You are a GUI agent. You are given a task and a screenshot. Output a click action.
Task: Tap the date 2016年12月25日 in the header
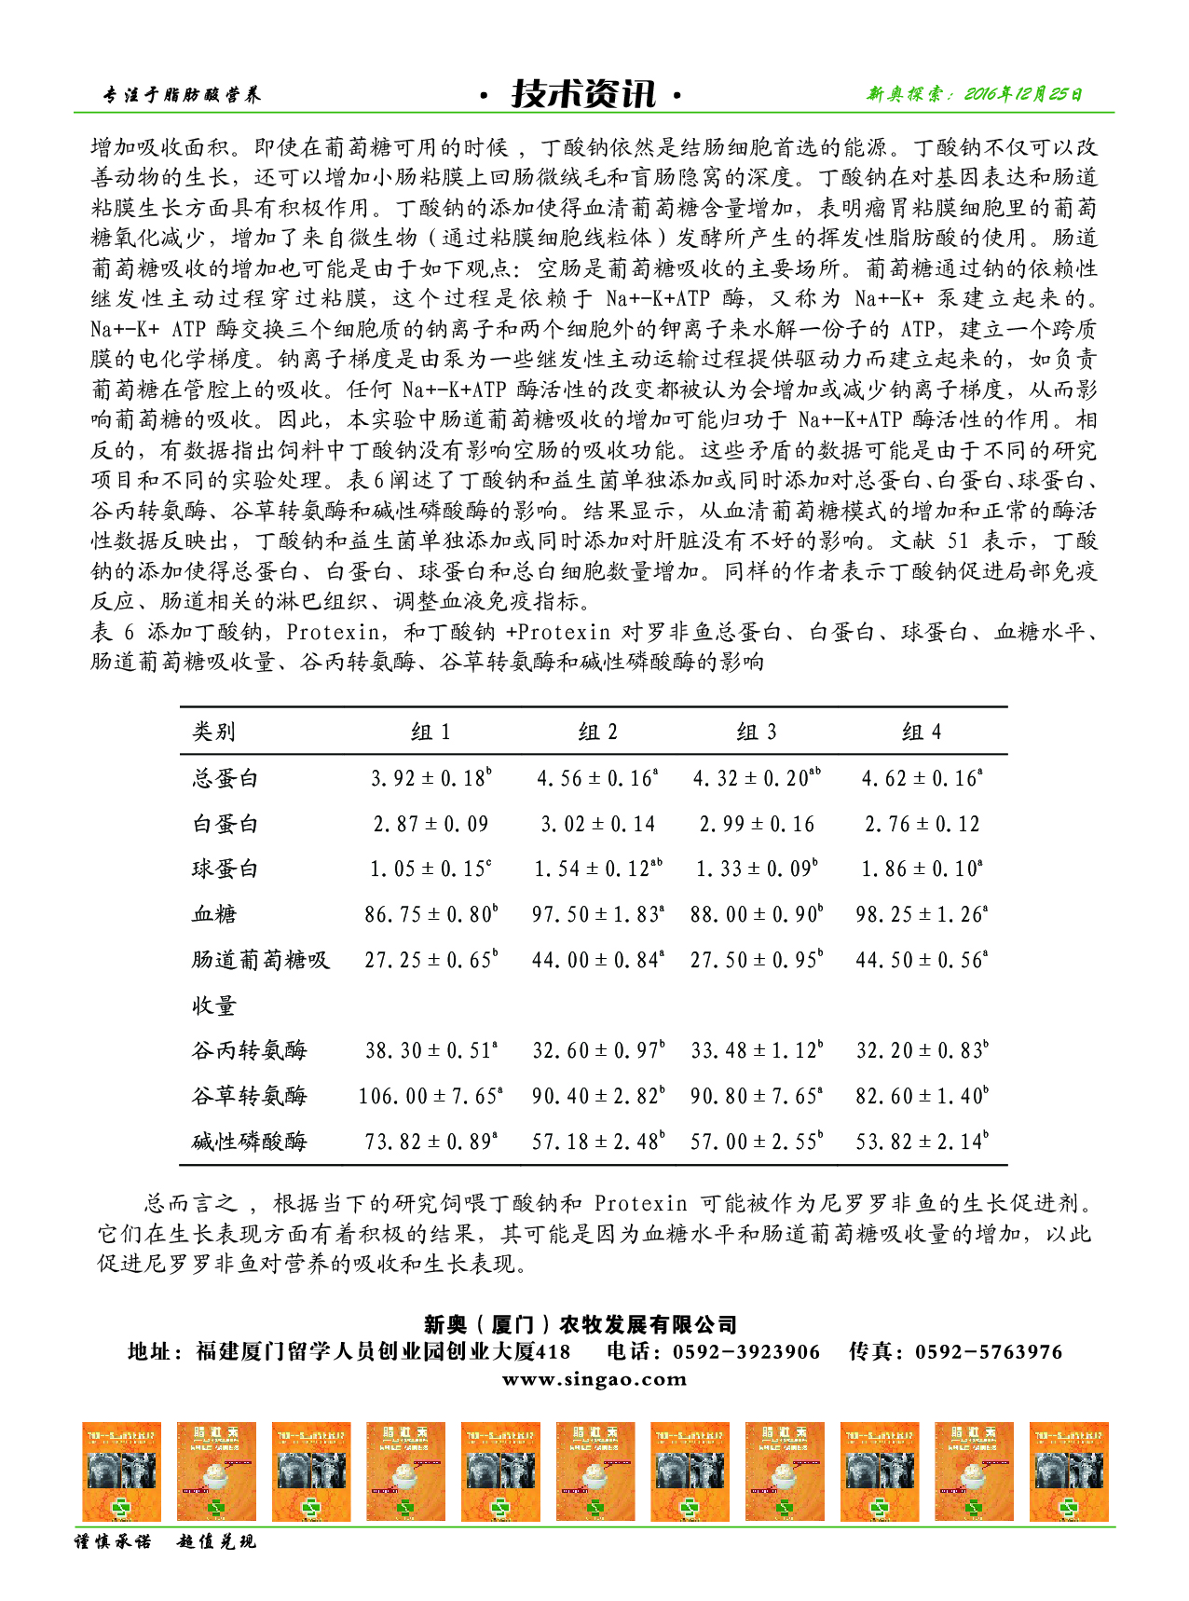(1022, 94)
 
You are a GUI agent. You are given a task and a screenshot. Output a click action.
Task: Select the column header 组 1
(430, 732)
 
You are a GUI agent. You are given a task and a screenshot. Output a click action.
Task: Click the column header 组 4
(922, 732)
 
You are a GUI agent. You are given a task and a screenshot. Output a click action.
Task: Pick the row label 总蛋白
(225, 778)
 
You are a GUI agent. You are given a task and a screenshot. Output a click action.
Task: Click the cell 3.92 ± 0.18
(430, 778)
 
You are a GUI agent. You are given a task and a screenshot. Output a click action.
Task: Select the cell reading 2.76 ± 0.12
(922, 824)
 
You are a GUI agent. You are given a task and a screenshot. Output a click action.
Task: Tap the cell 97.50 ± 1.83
(597, 914)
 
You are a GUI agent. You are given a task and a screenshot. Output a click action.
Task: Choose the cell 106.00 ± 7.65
(430, 1096)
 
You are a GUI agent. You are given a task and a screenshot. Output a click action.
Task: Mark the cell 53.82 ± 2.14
(922, 1141)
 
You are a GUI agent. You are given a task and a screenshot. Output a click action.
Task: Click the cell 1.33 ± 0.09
(757, 869)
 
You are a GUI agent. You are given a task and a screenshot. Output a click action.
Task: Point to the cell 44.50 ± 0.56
(922, 960)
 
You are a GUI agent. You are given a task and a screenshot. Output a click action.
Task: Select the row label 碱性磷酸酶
(249, 1141)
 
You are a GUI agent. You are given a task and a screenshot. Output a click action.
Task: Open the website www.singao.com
(594, 1379)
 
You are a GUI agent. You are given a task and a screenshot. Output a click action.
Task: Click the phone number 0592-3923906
(746, 1352)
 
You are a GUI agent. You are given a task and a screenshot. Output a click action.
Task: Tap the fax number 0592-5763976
(988, 1352)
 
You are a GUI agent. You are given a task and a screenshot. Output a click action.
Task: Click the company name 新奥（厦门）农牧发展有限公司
(581, 1324)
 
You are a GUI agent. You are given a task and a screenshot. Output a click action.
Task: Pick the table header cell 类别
(214, 732)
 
